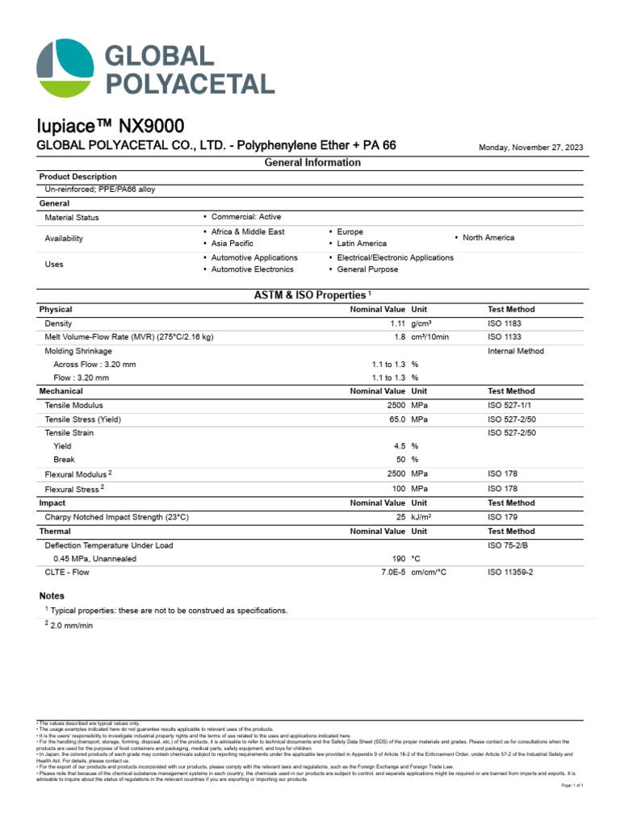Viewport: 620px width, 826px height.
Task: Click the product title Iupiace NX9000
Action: pyautogui.click(x=111, y=126)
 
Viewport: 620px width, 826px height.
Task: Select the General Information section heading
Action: pyautogui.click(x=312, y=162)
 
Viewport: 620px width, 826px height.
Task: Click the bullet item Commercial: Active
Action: pyautogui.click(x=246, y=217)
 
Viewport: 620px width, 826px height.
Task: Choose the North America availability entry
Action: pyautogui.click(x=488, y=238)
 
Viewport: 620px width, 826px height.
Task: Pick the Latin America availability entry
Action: pyautogui.click(x=362, y=244)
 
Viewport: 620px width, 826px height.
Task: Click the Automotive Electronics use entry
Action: pyautogui.click(x=252, y=269)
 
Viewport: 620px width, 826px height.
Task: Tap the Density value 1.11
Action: pyautogui.click(x=396, y=323)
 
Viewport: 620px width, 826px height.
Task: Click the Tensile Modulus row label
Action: pyautogui.click(x=74, y=405)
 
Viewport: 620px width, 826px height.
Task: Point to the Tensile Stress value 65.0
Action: pyautogui.click(x=394, y=419)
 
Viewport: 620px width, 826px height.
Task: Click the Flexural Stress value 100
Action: pyautogui.click(x=397, y=489)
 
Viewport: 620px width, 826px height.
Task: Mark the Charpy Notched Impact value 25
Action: pyautogui.click(x=400, y=517)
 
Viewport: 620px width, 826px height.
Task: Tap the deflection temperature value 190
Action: pyautogui.click(x=397, y=558)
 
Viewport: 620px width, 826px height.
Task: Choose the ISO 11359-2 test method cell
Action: pyautogui.click(x=511, y=573)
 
